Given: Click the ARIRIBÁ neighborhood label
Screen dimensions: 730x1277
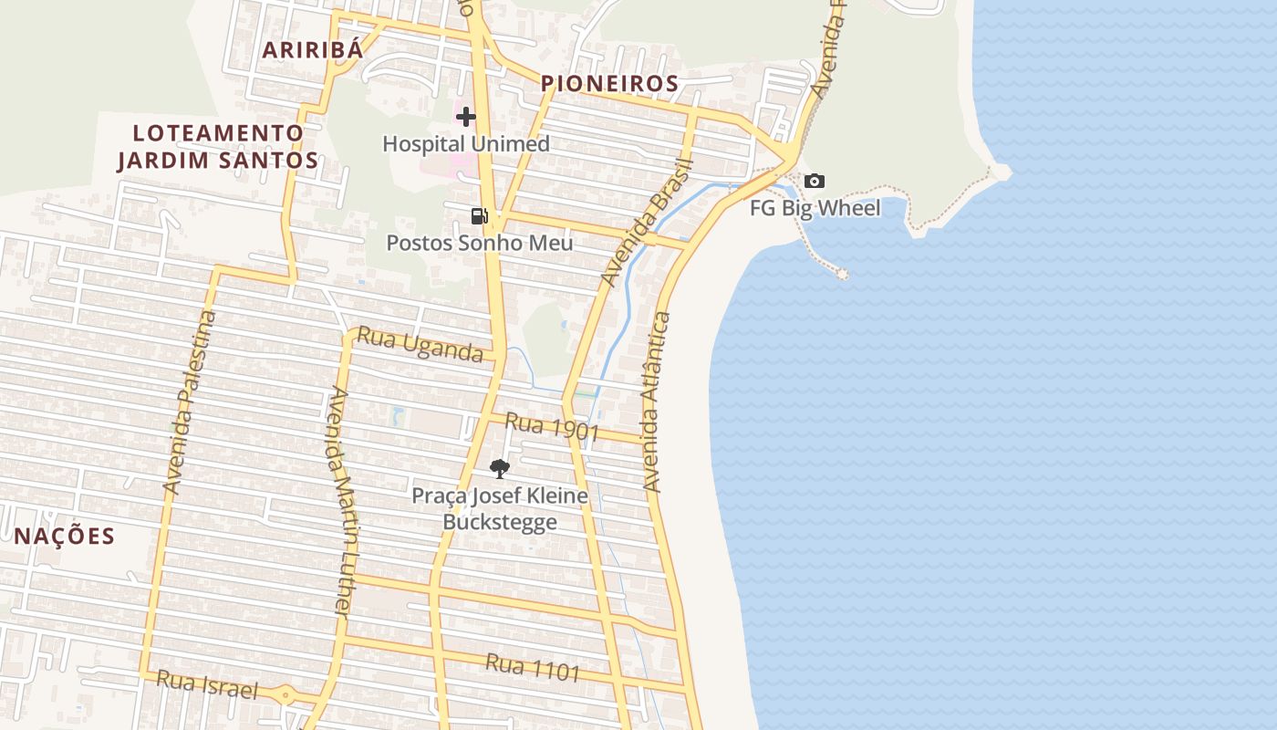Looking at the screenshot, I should pos(313,50).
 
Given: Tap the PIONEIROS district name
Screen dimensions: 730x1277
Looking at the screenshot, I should pos(609,84).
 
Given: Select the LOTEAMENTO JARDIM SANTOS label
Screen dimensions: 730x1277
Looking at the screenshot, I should pos(218,147).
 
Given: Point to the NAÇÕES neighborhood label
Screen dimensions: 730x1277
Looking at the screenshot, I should pos(65,536).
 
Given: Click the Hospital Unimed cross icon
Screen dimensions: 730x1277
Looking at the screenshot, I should pos(466,117).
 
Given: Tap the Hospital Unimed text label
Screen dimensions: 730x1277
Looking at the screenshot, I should pos(466,144).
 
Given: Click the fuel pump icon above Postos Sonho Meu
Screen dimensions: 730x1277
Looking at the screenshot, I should pos(479,216).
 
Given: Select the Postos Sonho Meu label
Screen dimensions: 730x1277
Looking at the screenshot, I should pos(480,243).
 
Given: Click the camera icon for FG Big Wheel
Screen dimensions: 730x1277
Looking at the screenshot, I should pos(815,182).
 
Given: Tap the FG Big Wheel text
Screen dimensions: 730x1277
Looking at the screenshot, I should pos(815,208).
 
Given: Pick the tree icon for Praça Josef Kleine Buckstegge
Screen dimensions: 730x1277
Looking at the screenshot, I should pos(499,469).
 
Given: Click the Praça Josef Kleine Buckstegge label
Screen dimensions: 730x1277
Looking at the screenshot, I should pos(500,509).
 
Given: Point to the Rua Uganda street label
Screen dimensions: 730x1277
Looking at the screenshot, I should pos(420,345).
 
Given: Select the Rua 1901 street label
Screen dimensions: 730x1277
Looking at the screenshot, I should pos(552,427).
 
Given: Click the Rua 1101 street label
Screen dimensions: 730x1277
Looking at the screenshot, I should pos(533,668).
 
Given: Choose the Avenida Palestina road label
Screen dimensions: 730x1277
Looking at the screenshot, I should pos(190,403).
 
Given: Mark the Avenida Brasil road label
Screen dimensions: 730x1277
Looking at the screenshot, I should pos(649,222).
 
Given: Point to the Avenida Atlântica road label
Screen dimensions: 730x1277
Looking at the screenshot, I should pos(658,401).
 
